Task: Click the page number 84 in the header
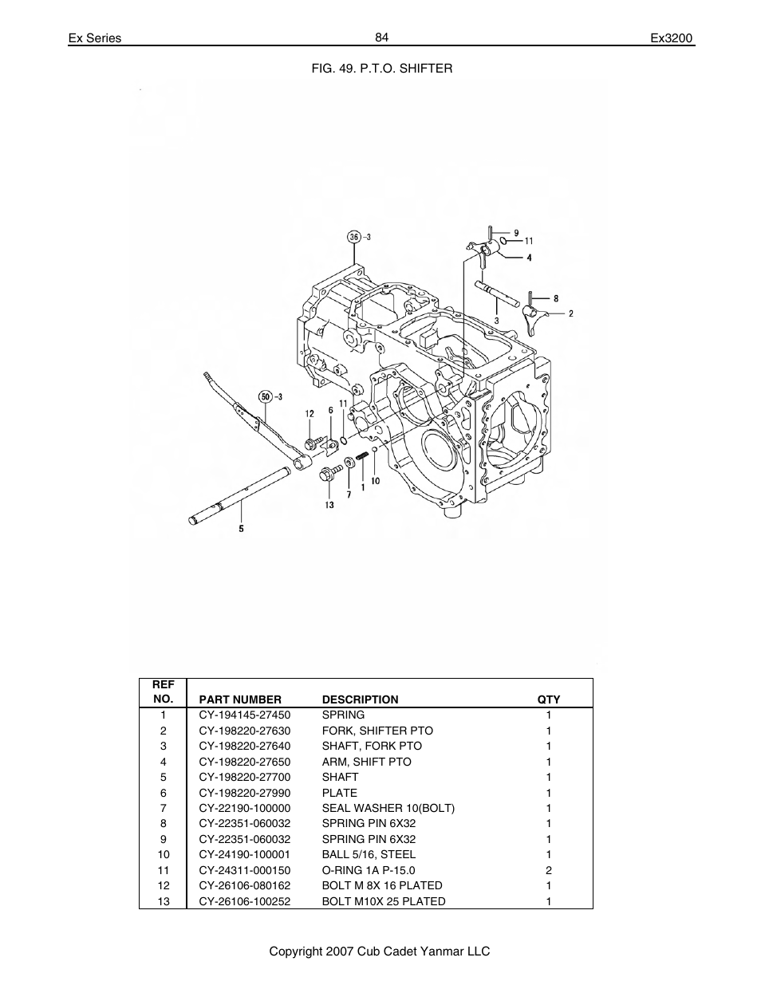pos(380,37)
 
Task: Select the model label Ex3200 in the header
pos(672,38)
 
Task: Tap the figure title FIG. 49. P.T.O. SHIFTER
pos(381,69)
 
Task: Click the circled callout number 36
pos(354,236)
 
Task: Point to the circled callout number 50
pos(266,396)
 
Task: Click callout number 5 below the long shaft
pos(241,528)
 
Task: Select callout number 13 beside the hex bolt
pos(329,504)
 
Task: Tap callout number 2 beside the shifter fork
pos(571,313)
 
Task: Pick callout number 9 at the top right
pos(515,233)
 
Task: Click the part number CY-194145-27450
pos(244,715)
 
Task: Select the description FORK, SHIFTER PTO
pos(377,731)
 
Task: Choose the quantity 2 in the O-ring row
pos(549,870)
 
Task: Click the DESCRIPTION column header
pos(360,699)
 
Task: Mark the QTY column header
pos(549,699)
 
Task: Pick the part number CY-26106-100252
pos(244,901)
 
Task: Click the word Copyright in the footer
pos(295,952)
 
